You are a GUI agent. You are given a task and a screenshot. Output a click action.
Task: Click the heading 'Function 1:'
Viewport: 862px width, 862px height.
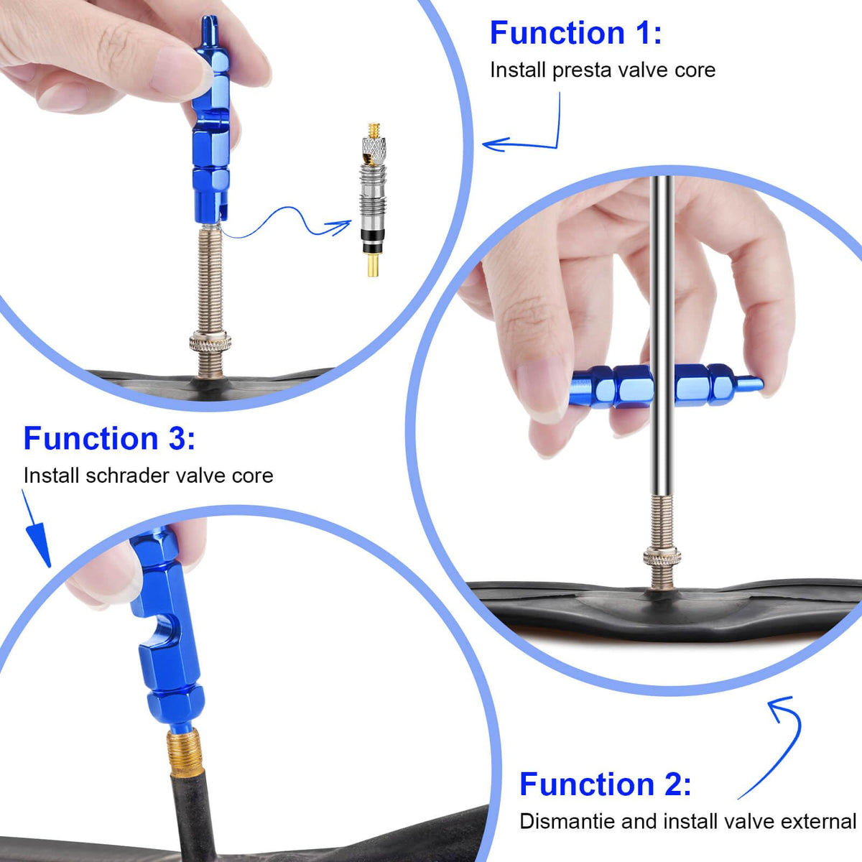click(x=575, y=32)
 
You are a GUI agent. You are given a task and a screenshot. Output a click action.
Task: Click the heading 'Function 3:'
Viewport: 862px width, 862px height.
click(x=109, y=438)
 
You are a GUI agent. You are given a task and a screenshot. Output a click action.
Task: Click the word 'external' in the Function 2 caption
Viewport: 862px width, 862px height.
click(x=819, y=821)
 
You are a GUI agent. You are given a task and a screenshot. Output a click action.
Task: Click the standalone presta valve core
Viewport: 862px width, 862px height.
click(x=374, y=199)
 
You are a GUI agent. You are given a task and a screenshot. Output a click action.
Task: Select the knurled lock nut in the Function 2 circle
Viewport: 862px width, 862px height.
click(x=662, y=557)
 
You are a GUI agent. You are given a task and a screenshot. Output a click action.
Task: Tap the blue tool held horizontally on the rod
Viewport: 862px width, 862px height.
click(x=667, y=385)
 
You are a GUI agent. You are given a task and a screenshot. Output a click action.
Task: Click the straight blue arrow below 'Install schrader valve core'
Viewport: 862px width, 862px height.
click(x=37, y=529)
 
